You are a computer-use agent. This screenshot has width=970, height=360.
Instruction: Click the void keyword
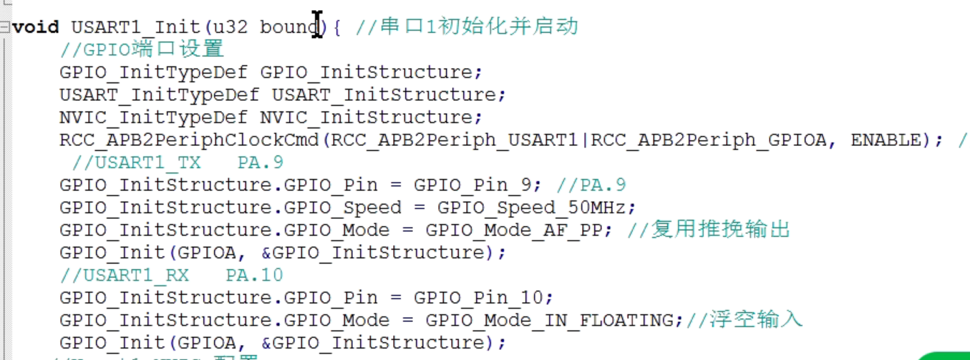(36, 27)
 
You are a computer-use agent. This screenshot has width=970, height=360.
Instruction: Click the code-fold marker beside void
(6, 27)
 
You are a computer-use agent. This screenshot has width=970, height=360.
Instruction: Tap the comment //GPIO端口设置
(142, 49)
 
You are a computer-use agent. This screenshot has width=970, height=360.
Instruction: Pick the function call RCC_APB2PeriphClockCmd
(189, 140)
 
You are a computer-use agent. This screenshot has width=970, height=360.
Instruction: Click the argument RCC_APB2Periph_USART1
(453, 140)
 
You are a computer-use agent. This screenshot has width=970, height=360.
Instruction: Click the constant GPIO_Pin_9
(472, 185)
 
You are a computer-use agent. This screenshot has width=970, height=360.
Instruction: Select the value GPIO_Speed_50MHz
(536, 208)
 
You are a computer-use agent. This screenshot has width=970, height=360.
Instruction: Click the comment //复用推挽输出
(709, 230)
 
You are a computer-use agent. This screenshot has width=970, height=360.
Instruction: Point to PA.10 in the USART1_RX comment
(254, 276)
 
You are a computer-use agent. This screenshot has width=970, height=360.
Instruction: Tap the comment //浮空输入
(745, 319)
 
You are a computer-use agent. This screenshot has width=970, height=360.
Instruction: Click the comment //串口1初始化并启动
(466, 27)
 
